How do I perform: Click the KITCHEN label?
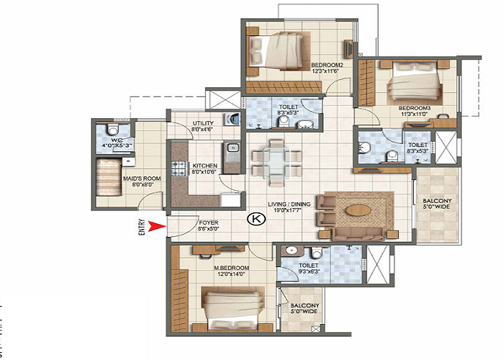[205, 168]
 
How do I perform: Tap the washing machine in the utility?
[231, 119]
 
